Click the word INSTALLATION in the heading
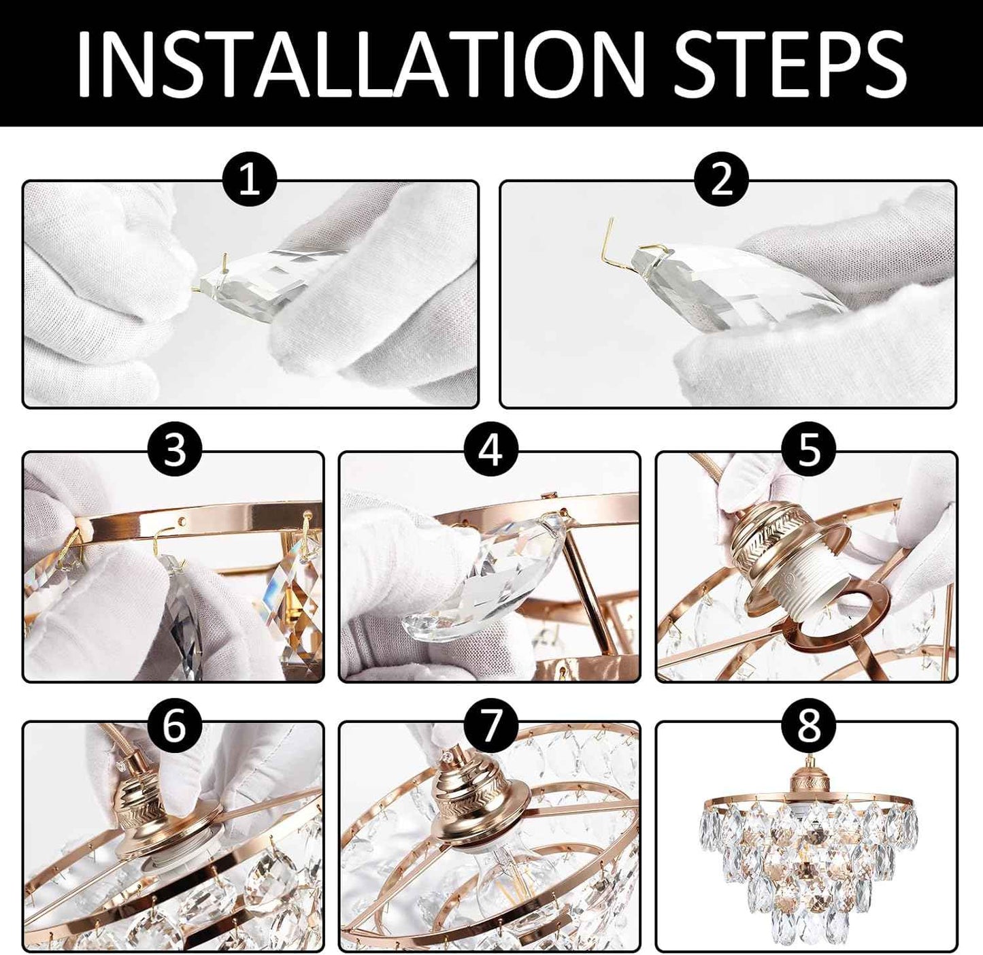click(361, 63)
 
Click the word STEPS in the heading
click(790, 63)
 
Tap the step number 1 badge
click(250, 182)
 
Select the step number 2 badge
click(721, 182)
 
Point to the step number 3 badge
click(175, 451)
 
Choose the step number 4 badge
click(490, 451)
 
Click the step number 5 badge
click(808, 451)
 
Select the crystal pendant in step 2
click(735, 287)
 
